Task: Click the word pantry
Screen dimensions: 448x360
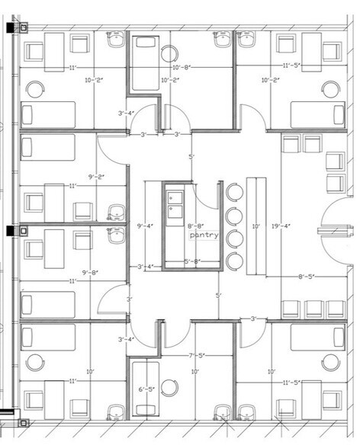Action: coord(204,235)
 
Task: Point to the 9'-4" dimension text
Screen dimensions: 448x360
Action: coord(144,226)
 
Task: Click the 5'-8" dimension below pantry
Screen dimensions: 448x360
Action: coord(192,261)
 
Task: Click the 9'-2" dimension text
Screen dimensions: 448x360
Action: coord(95,177)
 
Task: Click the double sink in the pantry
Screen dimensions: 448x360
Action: coord(175,203)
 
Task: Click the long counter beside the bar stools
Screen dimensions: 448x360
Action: coord(256,226)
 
